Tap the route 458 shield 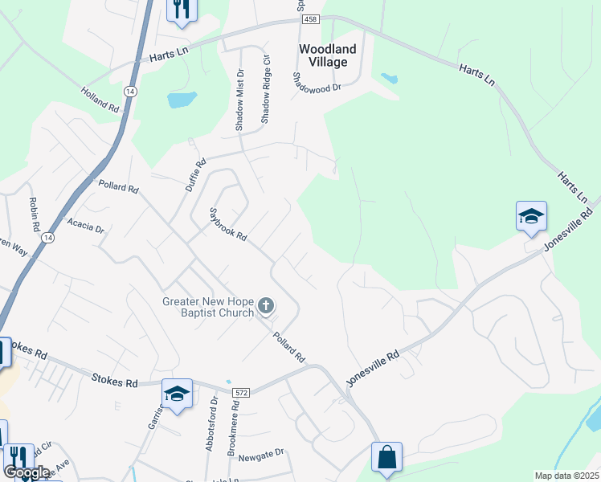(x=311, y=18)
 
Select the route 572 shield (x=241, y=392)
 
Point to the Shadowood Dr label (x=317, y=81)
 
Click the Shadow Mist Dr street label (x=239, y=100)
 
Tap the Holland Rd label (x=100, y=99)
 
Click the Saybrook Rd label (x=227, y=228)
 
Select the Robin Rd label (x=34, y=213)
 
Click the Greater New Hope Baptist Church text (x=208, y=307)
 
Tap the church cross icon (x=267, y=306)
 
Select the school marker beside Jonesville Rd (x=531, y=216)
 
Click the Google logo (x=27, y=472)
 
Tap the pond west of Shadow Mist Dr (x=182, y=100)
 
